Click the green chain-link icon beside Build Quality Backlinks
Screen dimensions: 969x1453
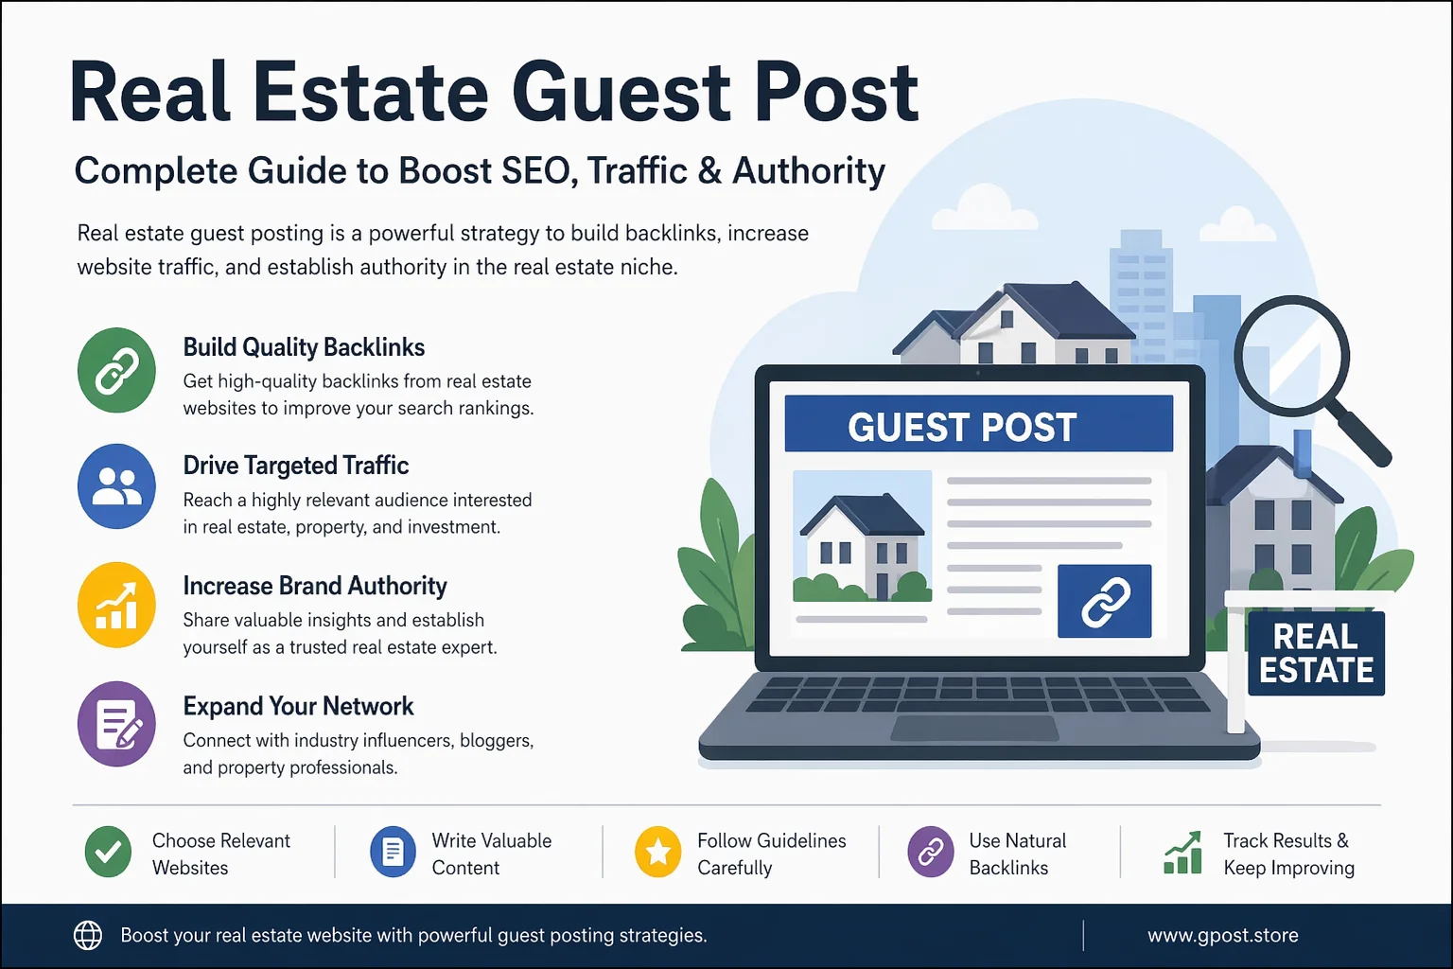(x=116, y=370)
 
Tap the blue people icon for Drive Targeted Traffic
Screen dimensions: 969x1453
(x=116, y=486)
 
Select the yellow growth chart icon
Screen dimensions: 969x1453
(x=116, y=605)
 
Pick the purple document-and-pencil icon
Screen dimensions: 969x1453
(x=116, y=724)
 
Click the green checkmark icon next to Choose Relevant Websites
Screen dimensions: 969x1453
(x=108, y=852)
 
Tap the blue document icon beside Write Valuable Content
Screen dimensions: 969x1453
(x=393, y=852)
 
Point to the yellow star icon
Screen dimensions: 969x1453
(x=658, y=852)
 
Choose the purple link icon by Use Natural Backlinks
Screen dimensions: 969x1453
(x=931, y=852)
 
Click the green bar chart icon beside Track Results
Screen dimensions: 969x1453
(x=1182, y=853)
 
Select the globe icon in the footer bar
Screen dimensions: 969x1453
(x=88, y=935)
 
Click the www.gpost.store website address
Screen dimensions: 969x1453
(x=1222, y=935)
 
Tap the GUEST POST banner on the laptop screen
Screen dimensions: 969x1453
(x=978, y=425)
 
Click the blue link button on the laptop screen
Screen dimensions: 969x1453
(x=1104, y=601)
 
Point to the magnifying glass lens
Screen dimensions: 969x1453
(x=1290, y=356)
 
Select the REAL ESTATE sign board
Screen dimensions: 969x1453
(x=1316, y=653)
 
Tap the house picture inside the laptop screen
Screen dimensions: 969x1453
(x=862, y=536)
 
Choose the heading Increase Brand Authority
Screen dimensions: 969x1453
(x=314, y=586)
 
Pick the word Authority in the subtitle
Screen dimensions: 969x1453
(x=809, y=171)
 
